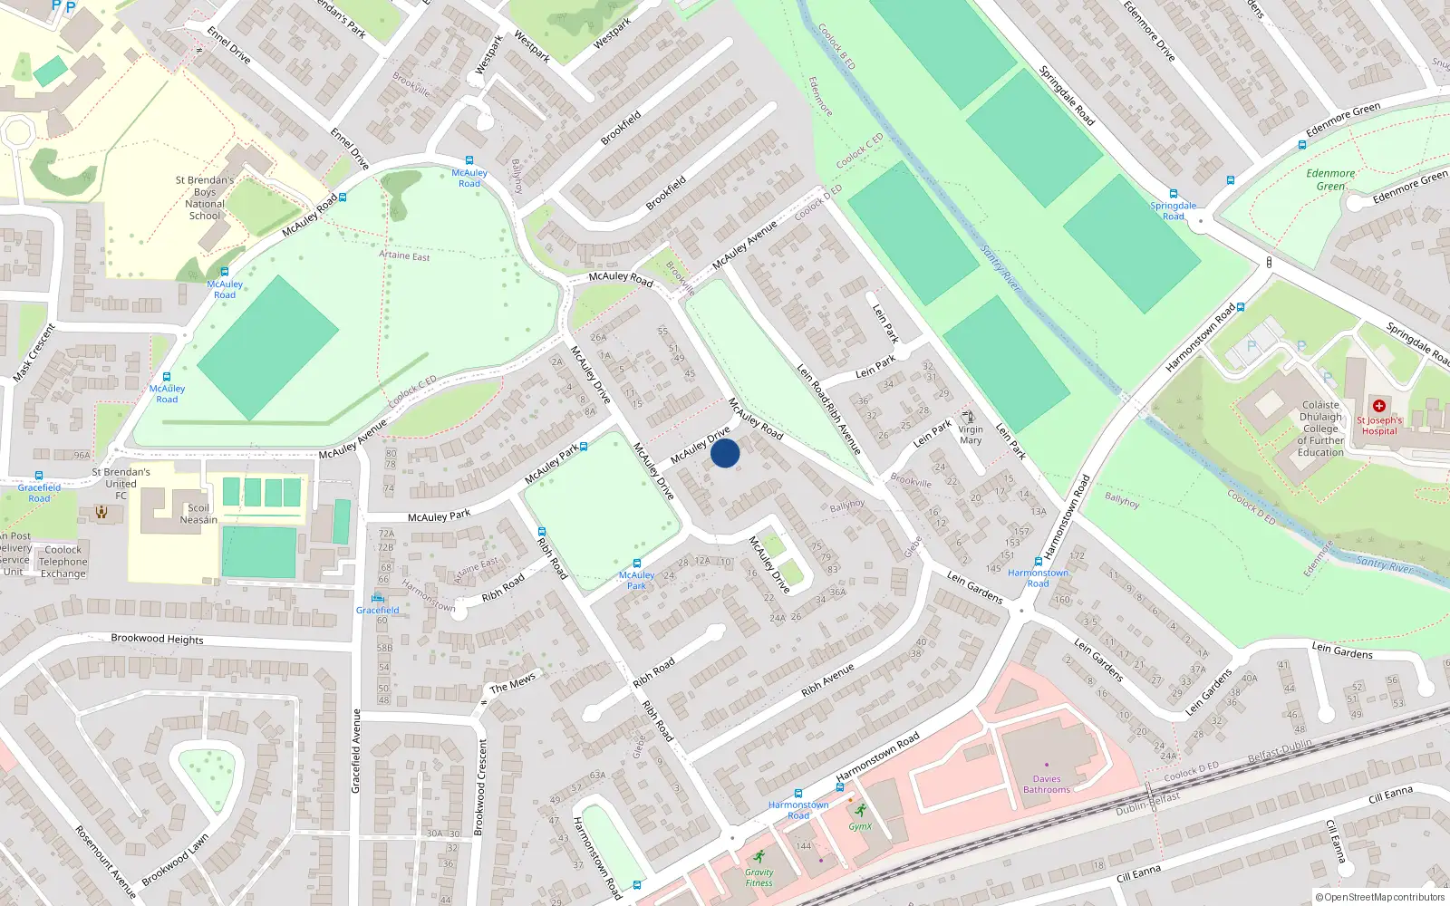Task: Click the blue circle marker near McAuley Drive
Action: (x=725, y=452)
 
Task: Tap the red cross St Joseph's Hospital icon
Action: (x=1378, y=406)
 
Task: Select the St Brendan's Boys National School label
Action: (x=205, y=198)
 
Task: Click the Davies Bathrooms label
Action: (x=1047, y=784)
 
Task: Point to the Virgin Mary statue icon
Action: (x=969, y=418)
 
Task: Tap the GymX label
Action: (x=860, y=825)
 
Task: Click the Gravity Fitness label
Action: (x=759, y=877)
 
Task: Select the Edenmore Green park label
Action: (x=1330, y=179)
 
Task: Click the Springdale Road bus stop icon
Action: (x=1174, y=194)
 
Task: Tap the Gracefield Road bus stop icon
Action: (x=39, y=477)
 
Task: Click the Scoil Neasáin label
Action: (x=198, y=514)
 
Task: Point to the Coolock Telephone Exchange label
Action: (x=63, y=562)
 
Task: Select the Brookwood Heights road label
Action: (x=157, y=639)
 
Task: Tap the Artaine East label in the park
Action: (x=404, y=255)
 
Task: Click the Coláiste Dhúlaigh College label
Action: (x=1320, y=429)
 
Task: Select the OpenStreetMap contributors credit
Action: (x=1380, y=897)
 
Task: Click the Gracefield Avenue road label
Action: (x=356, y=751)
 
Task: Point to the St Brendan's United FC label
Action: (x=121, y=483)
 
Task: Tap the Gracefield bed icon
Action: (x=377, y=598)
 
